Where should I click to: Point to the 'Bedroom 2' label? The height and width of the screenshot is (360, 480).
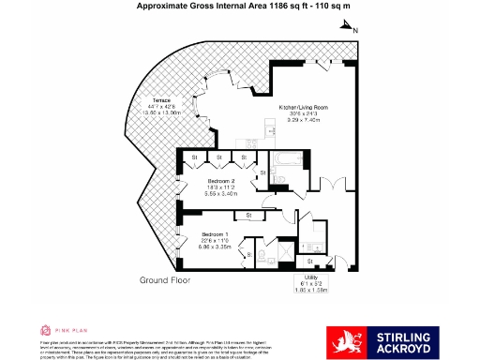click(x=220, y=178)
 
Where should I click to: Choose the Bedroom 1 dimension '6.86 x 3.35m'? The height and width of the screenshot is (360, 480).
click(x=216, y=248)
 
